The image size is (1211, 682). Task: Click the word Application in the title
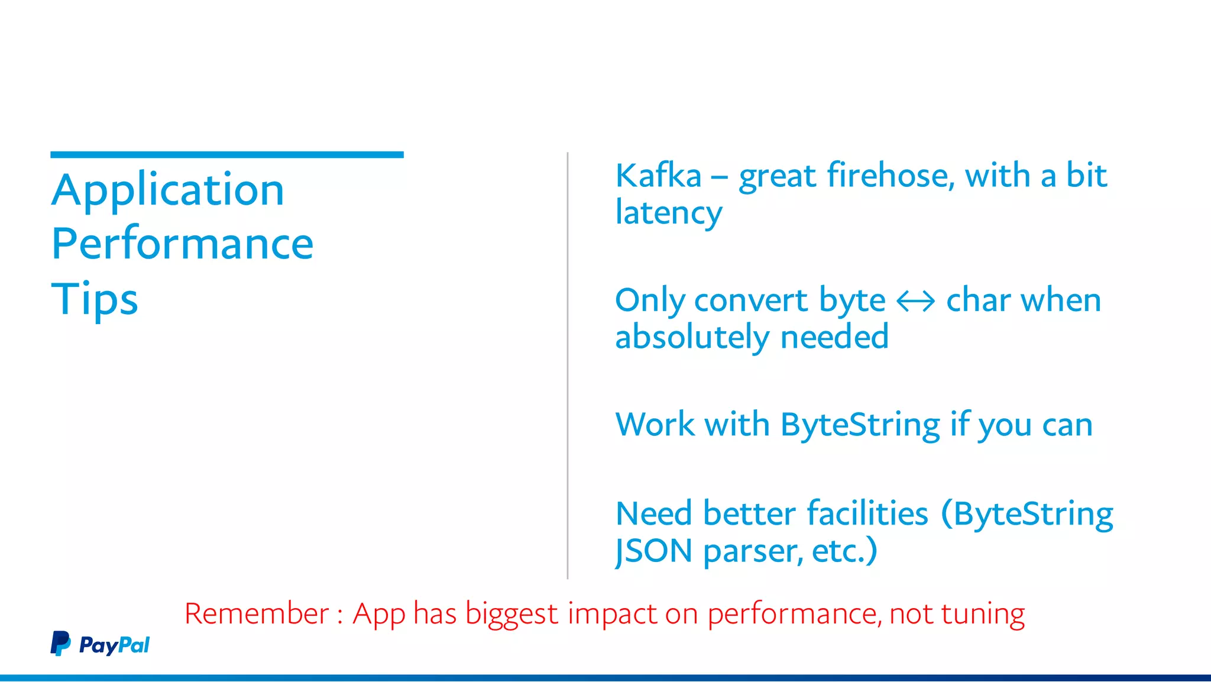coord(168,190)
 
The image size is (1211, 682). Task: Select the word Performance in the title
coord(182,244)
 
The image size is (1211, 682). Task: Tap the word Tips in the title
coord(95,299)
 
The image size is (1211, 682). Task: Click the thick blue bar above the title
coord(227,155)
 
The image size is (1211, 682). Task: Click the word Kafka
coord(658,176)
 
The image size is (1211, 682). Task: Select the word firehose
coord(891,176)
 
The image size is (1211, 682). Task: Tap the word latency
coord(668,213)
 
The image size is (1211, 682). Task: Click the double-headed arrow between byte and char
coord(915,301)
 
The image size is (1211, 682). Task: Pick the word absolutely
coord(692,337)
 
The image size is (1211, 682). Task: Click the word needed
coord(834,337)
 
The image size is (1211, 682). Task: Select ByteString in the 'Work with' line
coord(860,425)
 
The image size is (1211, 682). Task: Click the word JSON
coord(653,551)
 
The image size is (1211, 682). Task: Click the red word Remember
coord(256,613)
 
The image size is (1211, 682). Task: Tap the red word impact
coord(611,613)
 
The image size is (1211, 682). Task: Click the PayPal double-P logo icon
coord(60,644)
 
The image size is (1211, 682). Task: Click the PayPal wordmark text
coord(114,645)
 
